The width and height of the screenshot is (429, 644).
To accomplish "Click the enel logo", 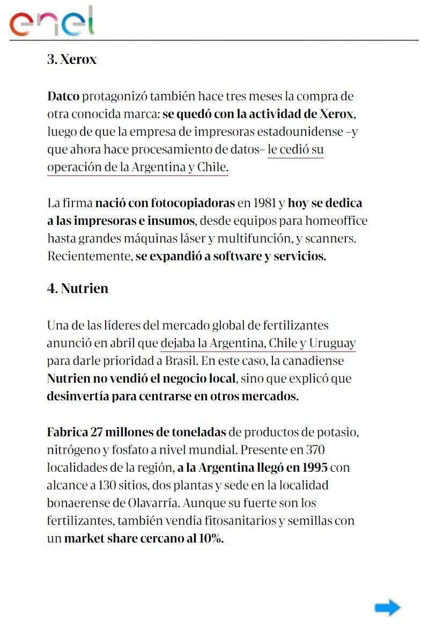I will [52, 21].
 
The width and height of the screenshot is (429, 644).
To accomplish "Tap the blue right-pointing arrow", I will [387, 608].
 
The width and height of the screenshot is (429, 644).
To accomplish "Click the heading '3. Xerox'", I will [72, 59].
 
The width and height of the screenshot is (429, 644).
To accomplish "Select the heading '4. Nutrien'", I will [78, 288].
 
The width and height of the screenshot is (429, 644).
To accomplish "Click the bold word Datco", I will [63, 97].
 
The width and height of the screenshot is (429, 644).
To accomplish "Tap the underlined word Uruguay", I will [332, 343].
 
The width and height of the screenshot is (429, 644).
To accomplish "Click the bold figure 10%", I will [211, 538].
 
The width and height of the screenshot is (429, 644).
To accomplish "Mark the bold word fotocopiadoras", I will [193, 203].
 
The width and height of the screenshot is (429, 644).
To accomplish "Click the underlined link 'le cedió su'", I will [295, 150].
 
